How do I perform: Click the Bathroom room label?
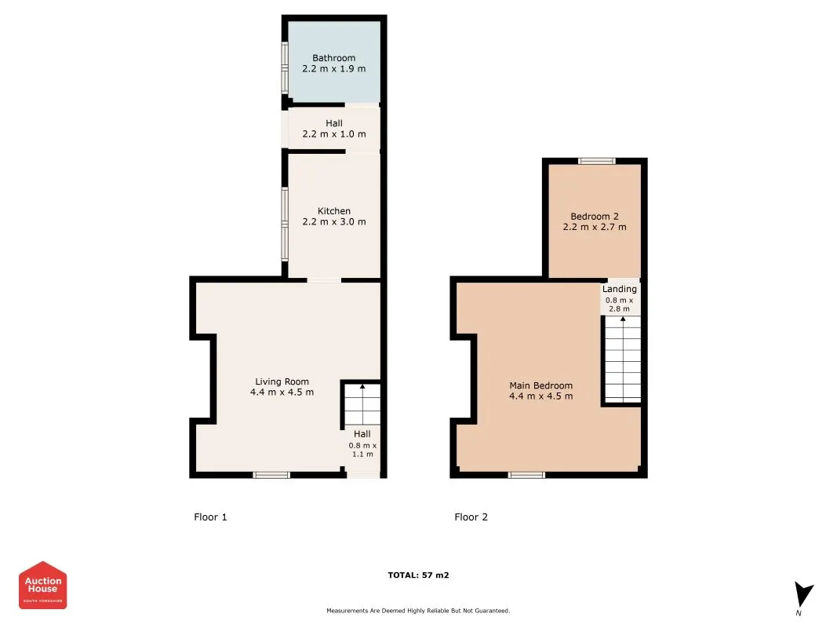click(333, 58)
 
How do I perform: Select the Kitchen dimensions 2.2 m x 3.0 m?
click(333, 221)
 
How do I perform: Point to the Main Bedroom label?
click(540, 385)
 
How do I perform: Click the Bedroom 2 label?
click(594, 216)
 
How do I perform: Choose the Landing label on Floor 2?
click(619, 289)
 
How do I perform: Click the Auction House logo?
click(42, 585)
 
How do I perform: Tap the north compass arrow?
click(802, 595)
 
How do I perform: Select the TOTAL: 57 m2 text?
click(418, 575)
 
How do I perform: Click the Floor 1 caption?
click(210, 517)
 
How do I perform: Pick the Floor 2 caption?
click(471, 517)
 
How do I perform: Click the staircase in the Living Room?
click(362, 405)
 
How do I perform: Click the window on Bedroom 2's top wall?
click(597, 162)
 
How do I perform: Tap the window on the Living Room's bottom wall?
click(271, 474)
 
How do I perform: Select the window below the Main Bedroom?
click(526, 474)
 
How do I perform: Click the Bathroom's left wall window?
click(286, 67)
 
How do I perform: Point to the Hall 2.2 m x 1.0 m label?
click(333, 129)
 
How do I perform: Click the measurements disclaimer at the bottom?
click(418, 610)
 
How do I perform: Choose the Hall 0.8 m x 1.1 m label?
click(362, 444)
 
